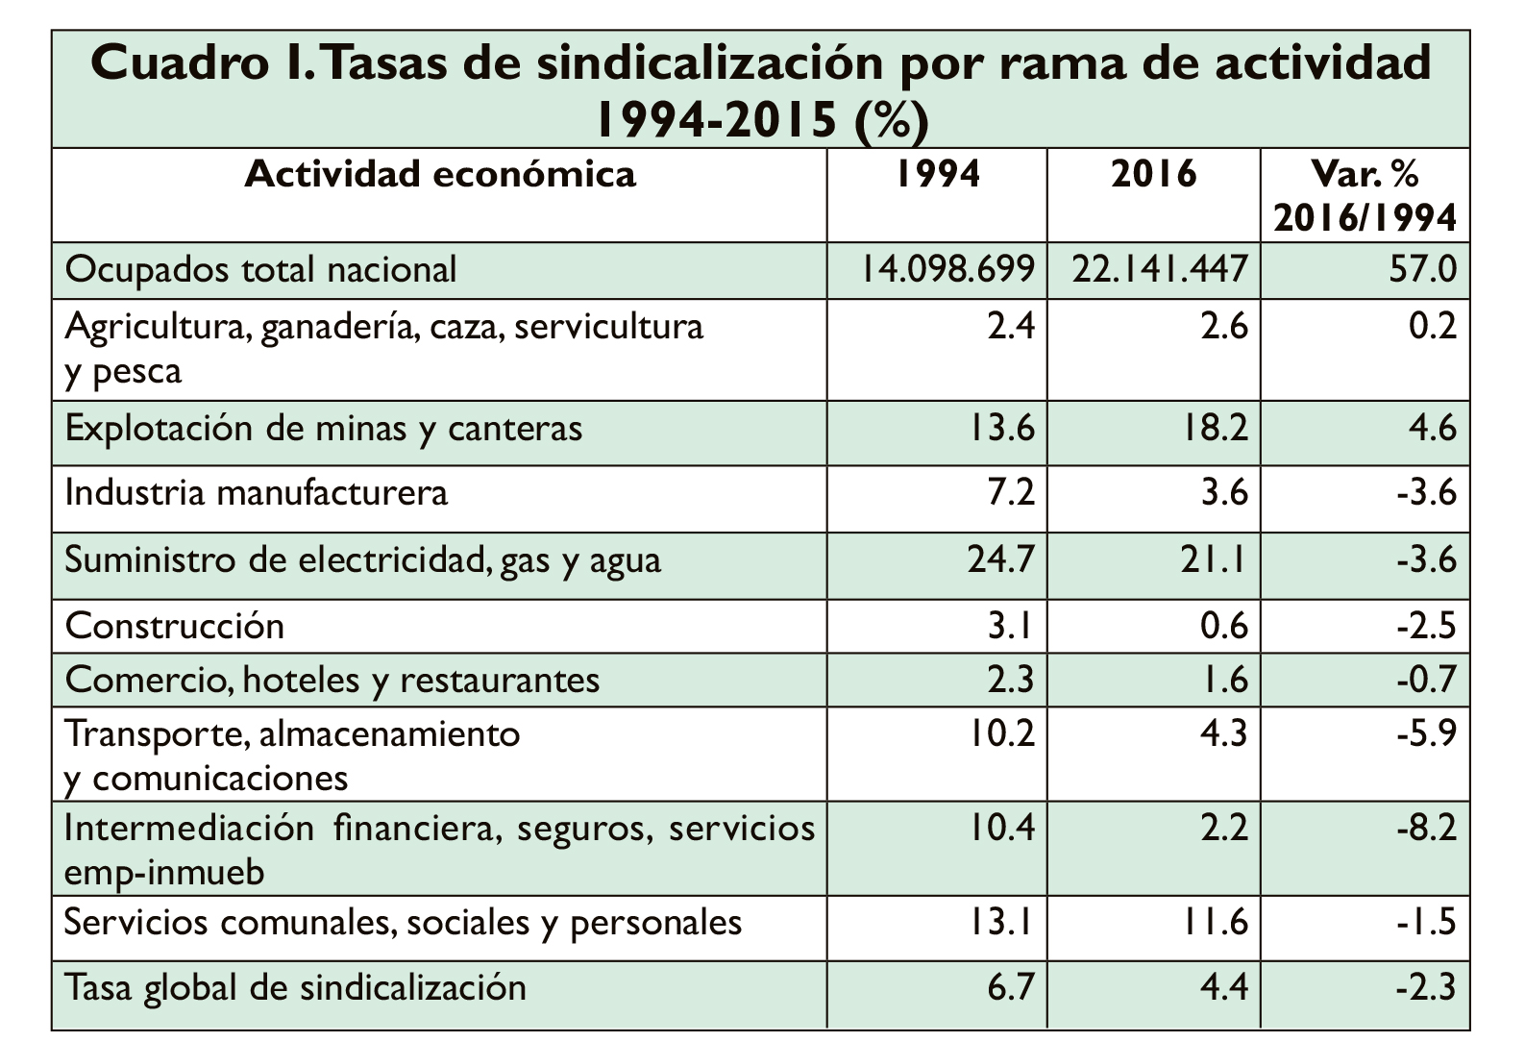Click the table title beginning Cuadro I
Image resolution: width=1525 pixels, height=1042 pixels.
click(x=761, y=90)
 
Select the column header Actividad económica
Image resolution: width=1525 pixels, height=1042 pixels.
click(x=440, y=174)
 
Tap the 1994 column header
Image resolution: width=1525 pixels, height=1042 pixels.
click(x=938, y=174)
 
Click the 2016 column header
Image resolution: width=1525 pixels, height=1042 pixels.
click(x=1153, y=174)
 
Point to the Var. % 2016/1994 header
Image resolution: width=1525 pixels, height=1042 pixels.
click(x=1365, y=196)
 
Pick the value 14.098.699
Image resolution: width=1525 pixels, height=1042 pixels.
click(x=948, y=269)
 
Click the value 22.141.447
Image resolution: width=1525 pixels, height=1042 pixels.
click(x=1160, y=269)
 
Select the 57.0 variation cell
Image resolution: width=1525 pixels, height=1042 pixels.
click(x=1422, y=269)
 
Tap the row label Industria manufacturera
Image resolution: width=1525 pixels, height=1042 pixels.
click(x=256, y=492)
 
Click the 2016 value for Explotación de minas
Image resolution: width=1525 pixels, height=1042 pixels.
click(x=1216, y=429)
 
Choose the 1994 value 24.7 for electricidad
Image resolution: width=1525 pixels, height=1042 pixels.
click(x=1000, y=559)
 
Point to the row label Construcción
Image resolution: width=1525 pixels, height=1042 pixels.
click(x=174, y=626)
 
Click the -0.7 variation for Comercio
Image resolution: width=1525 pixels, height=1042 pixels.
click(x=1426, y=680)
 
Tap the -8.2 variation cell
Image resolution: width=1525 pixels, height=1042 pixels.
click(x=1426, y=828)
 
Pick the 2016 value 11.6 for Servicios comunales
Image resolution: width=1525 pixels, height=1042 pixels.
click(x=1216, y=922)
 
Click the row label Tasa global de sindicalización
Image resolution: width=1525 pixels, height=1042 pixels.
click(x=295, y=988)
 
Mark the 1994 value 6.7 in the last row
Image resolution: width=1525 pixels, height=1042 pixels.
click(x=1011, y=987)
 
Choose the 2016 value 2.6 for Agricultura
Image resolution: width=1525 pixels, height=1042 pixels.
click(x=1225, y=326)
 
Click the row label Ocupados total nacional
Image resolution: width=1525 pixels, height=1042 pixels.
click(x=260, y=270)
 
